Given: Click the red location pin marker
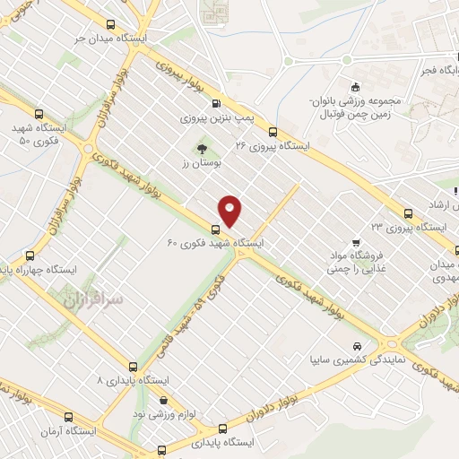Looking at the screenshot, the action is coord(231,212).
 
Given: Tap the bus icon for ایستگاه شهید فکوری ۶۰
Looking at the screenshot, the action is coord(215,229).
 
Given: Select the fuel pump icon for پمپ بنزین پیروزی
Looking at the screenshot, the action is coord(214,104).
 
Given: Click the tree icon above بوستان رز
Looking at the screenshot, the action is coord(200,149).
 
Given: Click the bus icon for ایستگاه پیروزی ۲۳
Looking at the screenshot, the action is coord(409,213).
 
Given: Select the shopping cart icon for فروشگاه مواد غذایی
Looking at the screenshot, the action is coord(357,242).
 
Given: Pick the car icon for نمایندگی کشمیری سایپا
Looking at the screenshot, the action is coord(358,345).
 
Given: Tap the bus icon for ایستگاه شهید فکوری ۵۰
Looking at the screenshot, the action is coord(38,114).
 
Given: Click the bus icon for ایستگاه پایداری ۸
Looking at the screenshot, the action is coord(134,367).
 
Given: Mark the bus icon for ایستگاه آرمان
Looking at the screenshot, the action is coord(70,417).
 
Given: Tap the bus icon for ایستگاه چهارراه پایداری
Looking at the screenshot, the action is coord(31,254).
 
